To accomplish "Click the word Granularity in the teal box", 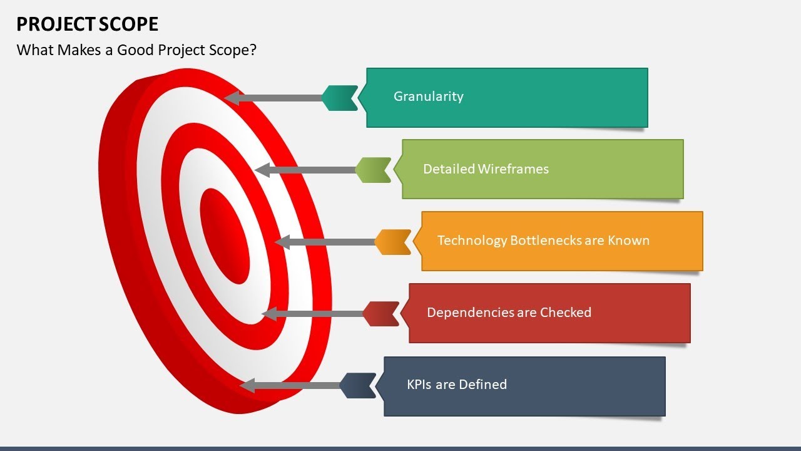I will point(428,96).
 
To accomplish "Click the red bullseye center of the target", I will point(225,236).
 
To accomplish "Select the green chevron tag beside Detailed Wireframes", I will point(373,170).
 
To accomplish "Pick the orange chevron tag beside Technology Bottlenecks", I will point(392,242).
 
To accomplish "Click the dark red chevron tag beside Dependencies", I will point(380,314).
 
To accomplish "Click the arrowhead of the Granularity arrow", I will point(232,98).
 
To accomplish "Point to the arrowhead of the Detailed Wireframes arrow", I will point(262,170).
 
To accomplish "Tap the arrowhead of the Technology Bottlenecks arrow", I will point(282,242).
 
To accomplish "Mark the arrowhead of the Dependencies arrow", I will point(268,314).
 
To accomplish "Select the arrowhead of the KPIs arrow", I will point(247,386).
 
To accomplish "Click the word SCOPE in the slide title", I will point(128,24).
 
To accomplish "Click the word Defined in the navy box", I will point(482,385).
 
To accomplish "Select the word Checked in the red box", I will point(566,313).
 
